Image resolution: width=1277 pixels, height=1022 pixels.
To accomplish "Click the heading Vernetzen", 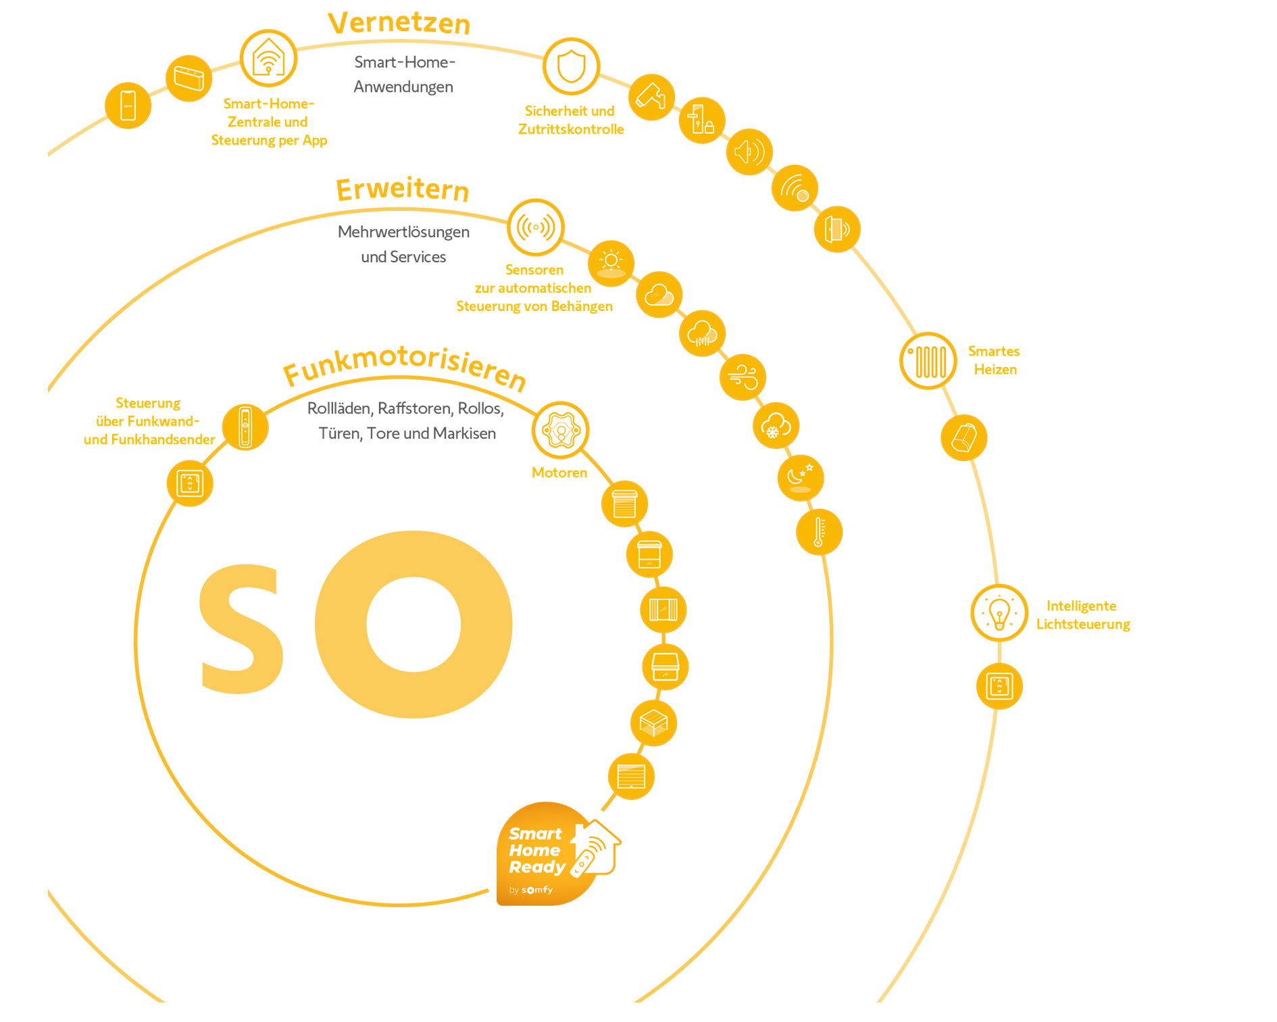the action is (x=399, y=23).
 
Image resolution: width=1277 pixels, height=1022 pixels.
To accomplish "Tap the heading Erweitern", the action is (x=403, y=189).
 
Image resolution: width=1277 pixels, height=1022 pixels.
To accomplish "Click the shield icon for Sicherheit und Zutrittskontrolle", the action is (x=572, y=66).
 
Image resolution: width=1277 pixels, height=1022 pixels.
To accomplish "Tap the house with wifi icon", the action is (x=269, y=58).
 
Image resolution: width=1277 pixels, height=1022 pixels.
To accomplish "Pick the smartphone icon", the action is (x=128, y=105).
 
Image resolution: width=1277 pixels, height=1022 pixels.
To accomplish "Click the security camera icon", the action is (x=651, y=97).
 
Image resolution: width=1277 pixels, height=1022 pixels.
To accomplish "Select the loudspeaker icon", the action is (x=749, y=152).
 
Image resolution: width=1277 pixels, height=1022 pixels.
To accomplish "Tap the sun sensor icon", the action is (x=611, y=264).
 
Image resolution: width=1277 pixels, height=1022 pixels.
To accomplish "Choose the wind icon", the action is (x=743, y=377).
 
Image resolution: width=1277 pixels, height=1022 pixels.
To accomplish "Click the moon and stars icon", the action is (x=801, y=478).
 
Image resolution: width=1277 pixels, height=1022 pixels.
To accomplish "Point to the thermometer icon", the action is (x=819, y=532).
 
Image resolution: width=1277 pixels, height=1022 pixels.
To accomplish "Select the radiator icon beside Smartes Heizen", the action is (x=928, y=361).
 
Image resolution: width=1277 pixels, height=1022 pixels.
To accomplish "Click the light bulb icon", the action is (x=999, y=613).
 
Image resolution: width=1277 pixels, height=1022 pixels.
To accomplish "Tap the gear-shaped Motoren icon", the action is (x=561, y=431).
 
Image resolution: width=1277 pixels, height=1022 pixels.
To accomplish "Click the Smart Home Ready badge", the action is (x=558, y=854).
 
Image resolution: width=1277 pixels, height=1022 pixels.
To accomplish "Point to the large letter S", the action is (x=241, y=629).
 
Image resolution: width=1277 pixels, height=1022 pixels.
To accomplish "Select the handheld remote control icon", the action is (x=245, y=427).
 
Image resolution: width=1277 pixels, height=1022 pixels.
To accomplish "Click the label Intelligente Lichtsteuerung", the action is (x=1083, y=615).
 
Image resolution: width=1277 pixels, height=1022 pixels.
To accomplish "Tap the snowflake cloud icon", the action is (x=776, y=426).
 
